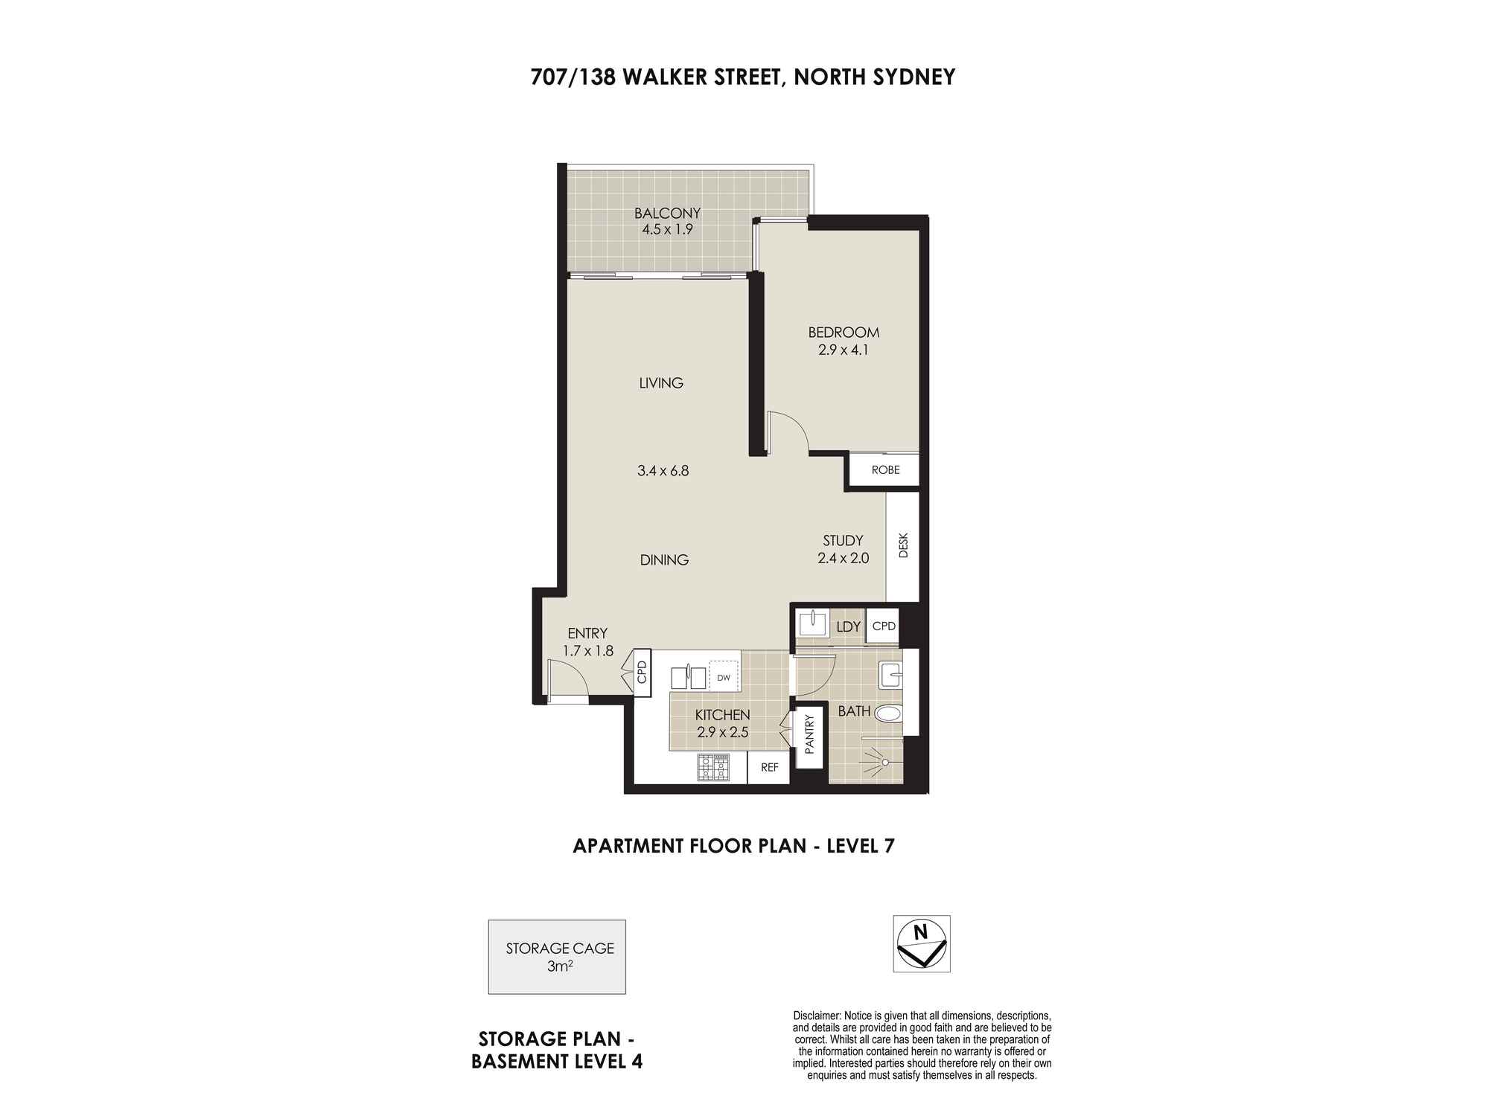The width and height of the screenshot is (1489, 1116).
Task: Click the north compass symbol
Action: (922, 943)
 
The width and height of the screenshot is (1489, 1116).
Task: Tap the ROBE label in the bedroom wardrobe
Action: (886, 470)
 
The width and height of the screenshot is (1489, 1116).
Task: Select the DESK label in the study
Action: (904, 545)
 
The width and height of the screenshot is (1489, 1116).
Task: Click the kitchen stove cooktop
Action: (713, 768)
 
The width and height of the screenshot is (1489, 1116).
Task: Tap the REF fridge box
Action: (768, 767)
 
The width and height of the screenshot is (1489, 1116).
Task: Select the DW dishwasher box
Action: (724, 678)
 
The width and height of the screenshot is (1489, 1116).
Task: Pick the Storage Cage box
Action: (557, 957)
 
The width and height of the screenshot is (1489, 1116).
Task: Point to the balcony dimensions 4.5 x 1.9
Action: (667, 229)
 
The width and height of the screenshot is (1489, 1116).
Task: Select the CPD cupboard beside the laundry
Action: (884, 626)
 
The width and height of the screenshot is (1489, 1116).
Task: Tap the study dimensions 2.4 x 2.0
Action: (843, 558)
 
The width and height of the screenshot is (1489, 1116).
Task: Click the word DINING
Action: (664, 560)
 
